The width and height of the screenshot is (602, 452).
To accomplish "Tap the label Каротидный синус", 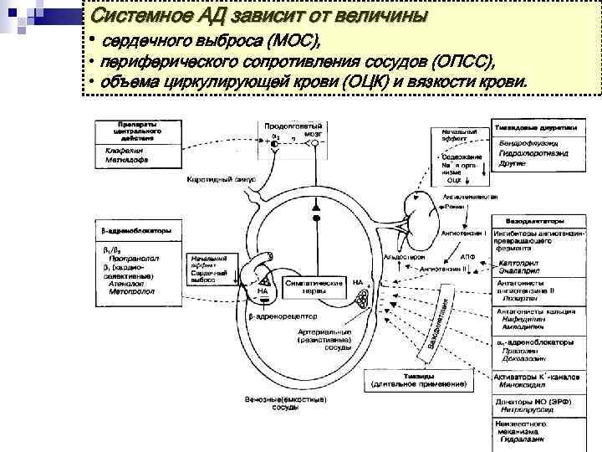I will pos(216,180).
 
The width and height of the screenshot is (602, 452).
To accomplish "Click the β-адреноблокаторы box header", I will pos(137,230).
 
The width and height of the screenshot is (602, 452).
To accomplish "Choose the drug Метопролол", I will pos(130,293).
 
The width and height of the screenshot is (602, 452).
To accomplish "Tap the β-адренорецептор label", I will pos(282,318).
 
